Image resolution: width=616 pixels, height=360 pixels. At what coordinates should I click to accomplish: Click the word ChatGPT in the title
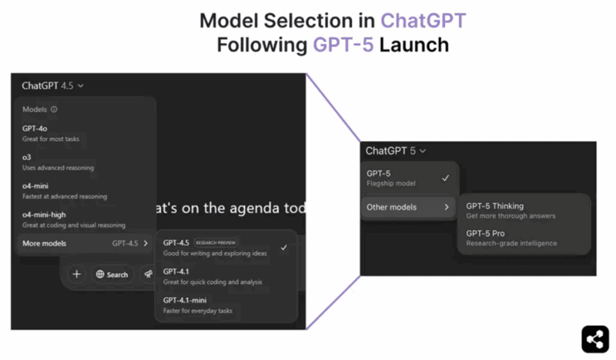tap(423, 20)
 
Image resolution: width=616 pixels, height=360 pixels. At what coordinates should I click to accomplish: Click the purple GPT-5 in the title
tap(343, 45)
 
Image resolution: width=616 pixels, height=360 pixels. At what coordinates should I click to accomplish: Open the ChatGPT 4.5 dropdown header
tap(53, 85)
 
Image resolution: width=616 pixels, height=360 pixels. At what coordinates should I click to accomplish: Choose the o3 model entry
tap(58, 162)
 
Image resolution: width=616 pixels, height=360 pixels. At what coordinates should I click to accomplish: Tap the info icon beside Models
tap(54, 109)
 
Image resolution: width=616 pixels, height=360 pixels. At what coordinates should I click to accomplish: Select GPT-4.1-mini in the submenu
tap(197, 305)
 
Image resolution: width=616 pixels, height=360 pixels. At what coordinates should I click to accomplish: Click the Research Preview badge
tap(216, 243)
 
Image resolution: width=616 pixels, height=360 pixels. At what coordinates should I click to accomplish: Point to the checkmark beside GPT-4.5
tap(284, 247)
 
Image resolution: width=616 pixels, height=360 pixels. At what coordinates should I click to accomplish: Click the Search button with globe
tap(112, 275)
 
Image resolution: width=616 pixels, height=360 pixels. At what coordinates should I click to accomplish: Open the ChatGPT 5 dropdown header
tap(396, 151)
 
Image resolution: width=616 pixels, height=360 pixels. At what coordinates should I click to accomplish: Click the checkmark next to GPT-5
tap(445, 178)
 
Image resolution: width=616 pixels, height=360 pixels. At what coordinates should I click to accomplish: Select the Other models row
tap(408, 207)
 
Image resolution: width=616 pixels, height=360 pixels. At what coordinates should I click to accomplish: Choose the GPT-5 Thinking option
tap(511, 211)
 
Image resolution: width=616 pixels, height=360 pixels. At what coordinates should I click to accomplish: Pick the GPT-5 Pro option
tap(511, 238)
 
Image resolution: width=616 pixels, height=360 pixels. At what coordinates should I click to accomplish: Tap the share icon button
tap(595, 339)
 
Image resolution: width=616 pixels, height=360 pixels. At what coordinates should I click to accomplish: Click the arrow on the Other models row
tap(447, 207)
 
